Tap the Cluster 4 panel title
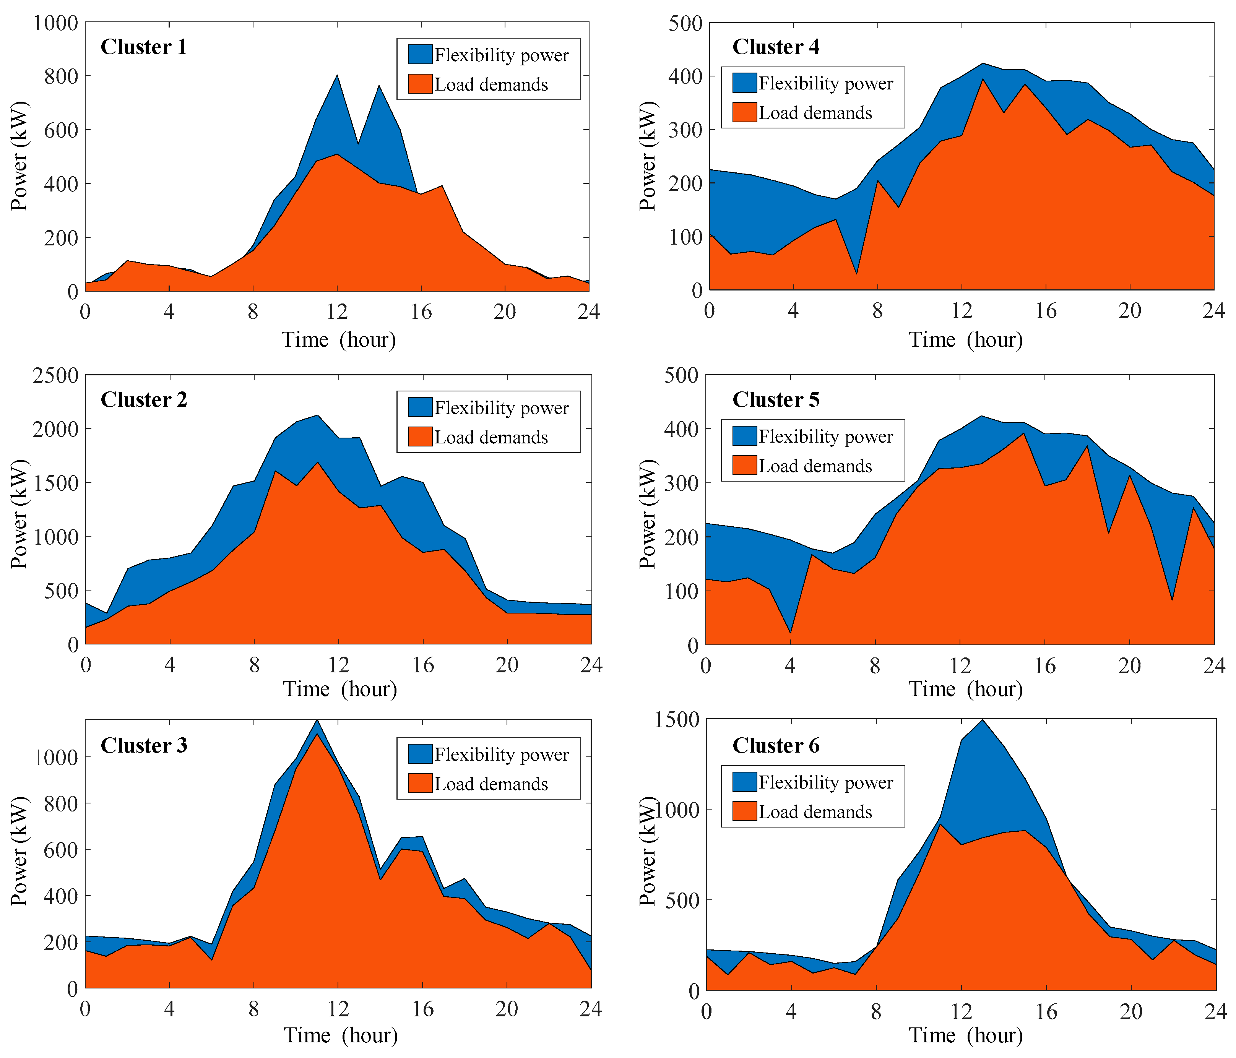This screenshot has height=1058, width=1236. tap(775, 47)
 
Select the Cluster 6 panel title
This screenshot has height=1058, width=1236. tap(775, 745)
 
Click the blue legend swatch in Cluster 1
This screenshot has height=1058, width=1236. tap(420, 54)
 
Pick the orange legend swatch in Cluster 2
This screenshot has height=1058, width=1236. tap(420, 437)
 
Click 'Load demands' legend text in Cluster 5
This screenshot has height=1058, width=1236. tap(815, 466)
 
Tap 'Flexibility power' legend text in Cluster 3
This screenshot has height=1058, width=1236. tap(501, 755)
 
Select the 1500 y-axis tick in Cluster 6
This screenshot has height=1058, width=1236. tap(676, 720)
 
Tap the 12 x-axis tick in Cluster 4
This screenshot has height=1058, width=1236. tap(962, 311)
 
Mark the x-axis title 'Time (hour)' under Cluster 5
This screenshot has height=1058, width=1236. tap(965, 689)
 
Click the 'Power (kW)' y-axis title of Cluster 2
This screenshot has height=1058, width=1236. tap(19, 514)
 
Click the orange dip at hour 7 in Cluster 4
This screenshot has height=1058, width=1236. tap(857, 273)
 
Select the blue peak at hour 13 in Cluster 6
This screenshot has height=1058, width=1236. tap(983, 721)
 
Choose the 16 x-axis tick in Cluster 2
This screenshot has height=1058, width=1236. tap(423, 665)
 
